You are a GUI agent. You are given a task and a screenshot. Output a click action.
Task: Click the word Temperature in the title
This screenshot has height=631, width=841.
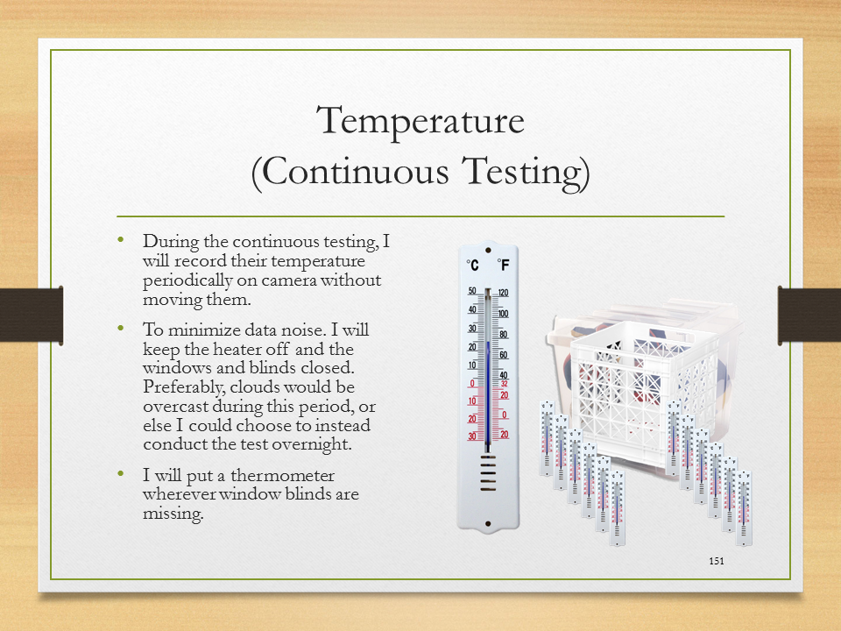(x=420, y=122)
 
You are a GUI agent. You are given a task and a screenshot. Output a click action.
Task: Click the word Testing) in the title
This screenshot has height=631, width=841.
(x=527, y=173)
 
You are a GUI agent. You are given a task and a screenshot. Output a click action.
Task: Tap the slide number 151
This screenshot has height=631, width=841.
(x=717, y=561)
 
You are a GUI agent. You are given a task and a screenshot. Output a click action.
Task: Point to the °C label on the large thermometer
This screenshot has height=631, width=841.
(x=472, y=265)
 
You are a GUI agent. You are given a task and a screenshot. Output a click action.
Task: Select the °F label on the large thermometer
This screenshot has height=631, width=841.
(x=503, y=265)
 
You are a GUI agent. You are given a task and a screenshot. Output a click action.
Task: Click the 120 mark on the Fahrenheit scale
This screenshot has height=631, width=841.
(x=503, y=293)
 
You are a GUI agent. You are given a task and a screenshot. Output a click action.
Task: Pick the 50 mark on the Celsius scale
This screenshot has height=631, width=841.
(x=472, y=291)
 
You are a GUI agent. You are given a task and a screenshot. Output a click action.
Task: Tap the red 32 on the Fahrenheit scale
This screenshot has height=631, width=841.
(x=505, y=384)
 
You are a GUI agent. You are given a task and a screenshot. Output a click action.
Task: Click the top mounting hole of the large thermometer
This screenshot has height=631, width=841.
(x=488, y=251)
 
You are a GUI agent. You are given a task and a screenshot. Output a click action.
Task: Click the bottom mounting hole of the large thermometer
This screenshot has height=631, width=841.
(x=488, y=524)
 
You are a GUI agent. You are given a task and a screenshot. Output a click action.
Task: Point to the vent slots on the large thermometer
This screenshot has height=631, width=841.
(x=488, y=473)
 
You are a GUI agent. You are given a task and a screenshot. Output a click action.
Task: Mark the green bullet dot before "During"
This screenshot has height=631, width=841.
(x=121, y=239)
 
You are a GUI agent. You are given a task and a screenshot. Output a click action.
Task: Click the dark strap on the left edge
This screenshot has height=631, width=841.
(x=32, y=315)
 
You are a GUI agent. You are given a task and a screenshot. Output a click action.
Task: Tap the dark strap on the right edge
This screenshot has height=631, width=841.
(x=809, y=315)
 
